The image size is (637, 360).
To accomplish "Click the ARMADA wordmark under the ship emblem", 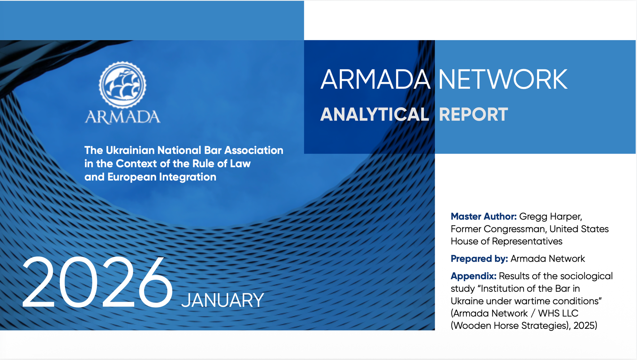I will coord(122,117).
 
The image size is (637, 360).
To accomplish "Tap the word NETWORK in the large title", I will coord(503,80).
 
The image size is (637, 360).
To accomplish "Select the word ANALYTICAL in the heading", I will coord(375,115).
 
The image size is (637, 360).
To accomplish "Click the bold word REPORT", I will coord(473,115).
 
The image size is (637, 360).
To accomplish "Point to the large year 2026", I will coord(97,283).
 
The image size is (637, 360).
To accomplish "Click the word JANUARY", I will coord(222,300).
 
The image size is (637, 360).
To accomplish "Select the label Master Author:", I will coord(483,216).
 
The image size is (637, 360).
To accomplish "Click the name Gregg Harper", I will coord(550,216).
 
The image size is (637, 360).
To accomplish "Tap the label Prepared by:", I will coord(479,259).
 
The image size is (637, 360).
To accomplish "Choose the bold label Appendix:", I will coord(473,276).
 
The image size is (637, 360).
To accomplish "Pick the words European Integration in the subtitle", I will coord(162,177).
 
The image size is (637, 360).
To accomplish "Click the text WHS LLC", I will coord(558,313).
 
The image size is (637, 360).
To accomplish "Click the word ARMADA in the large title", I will coord(375,80).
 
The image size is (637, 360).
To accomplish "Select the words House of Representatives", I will coord(506,241).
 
